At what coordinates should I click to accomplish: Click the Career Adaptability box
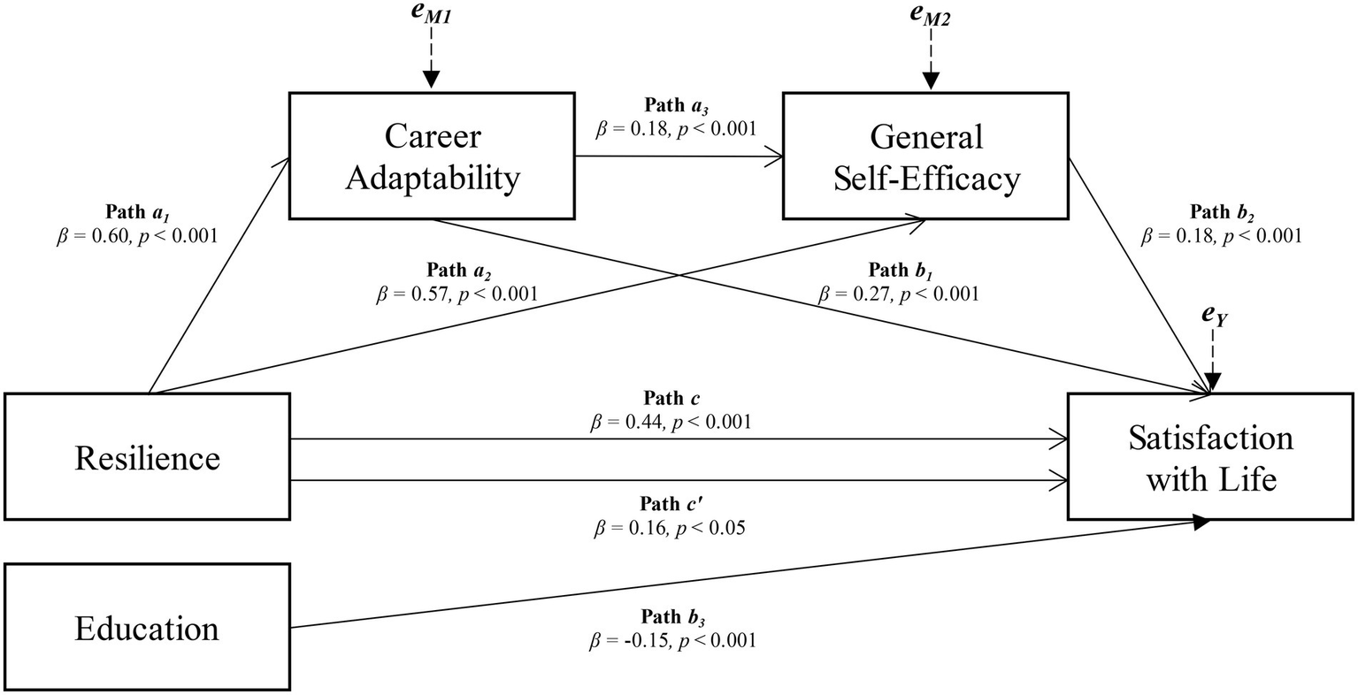pos(432,157)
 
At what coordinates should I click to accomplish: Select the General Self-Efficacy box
pos(926,157)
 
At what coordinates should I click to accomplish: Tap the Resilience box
pos(147,457)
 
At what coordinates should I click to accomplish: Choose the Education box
pos(147,628)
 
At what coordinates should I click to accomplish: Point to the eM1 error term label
pos(431,18)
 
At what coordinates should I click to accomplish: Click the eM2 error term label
pos(930,18)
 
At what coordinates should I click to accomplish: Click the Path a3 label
pos(677,106)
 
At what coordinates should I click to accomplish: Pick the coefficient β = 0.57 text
pos(457,293)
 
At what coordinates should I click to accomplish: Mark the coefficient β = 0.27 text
pos(899,293)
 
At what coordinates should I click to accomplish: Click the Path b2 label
pos(1222,212)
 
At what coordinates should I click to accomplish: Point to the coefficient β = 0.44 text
pos(671,422)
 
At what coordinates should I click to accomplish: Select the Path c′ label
pos(671,504)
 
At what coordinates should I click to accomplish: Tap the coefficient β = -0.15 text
pos(671,640)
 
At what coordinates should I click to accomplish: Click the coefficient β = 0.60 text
pos(135,236)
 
